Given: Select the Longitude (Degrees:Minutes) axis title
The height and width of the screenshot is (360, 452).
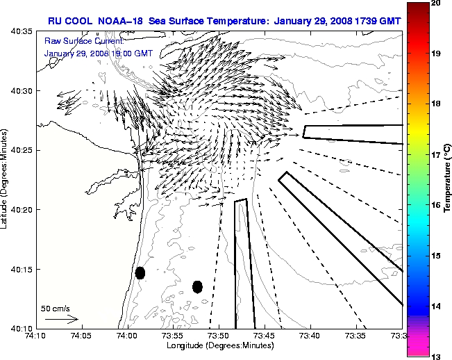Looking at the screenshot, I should tap(219, 345).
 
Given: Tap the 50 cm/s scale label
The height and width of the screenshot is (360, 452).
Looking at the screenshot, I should tap(56, 308).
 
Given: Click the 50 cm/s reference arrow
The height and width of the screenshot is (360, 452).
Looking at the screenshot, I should tap(61, 319).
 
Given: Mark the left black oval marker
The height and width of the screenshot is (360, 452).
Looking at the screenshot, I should tap(140, 272).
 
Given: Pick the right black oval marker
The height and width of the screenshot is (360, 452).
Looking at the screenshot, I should tap(197, 286).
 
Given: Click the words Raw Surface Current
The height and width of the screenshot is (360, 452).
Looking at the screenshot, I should tap(76, 42).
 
